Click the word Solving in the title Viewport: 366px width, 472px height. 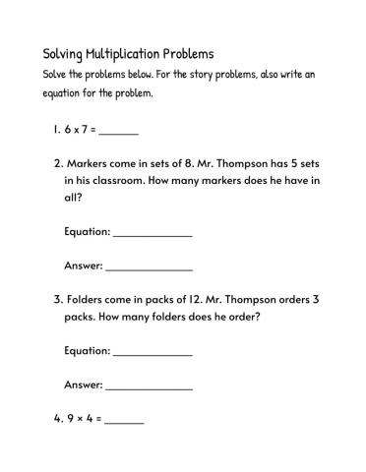pyautogui.click(x=65, y=54)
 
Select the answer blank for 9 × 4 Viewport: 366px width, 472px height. pyautogui.click(x=124, y=419)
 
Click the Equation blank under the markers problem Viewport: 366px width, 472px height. pyautogui.click(x=152, y=233)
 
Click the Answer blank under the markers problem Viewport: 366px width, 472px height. pyautogui.click(x=149, y=266)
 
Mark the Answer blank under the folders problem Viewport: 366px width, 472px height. pyautogui.click(x=149, y=385)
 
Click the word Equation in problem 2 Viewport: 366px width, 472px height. pyautogui.click(x=87, y=232)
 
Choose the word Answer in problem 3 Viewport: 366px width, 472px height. pyautogui.click(x=83, y=384)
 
